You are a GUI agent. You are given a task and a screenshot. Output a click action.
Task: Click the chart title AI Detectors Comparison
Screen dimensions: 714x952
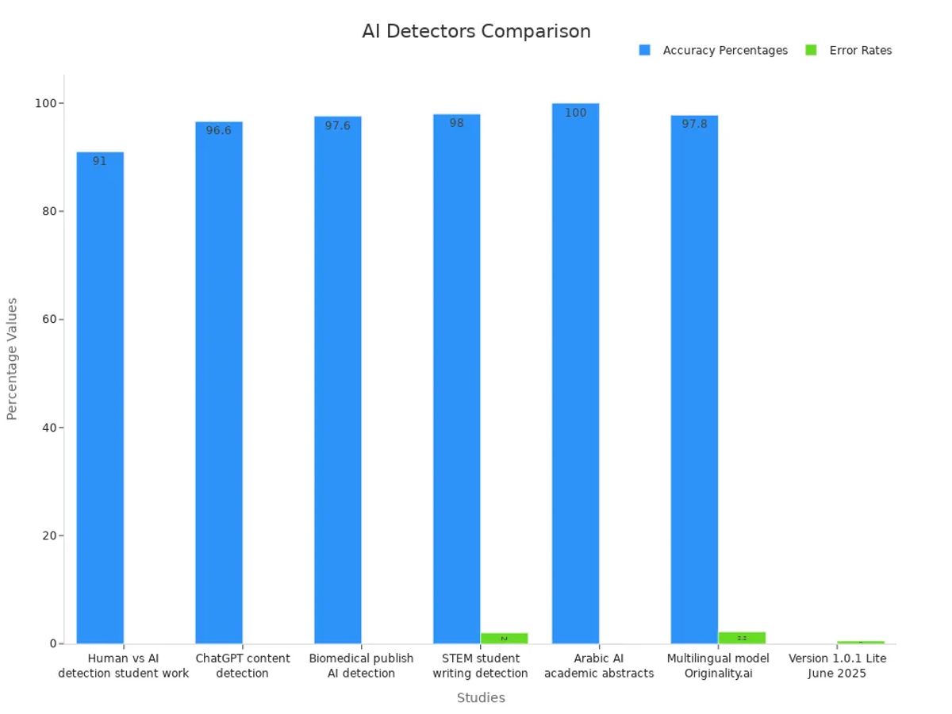pos(476,32)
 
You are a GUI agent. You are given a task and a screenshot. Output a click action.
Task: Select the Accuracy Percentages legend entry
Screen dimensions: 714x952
pos(724,50)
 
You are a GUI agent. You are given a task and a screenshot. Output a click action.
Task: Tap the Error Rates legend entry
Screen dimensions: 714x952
pos(860,50)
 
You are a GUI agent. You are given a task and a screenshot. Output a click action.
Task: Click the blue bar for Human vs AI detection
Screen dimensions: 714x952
pos(100,397)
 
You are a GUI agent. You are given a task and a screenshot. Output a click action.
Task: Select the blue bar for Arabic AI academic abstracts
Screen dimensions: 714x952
pos(575,373)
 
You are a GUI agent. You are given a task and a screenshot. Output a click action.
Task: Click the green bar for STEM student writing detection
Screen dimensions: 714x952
pos(504,638)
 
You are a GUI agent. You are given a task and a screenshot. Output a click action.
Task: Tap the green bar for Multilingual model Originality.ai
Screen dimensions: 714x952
pos(742,638)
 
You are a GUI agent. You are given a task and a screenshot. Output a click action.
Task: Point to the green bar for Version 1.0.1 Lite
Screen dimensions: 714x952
pos(861,642)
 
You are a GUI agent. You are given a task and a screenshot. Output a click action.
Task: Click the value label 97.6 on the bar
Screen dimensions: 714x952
pos(337,125)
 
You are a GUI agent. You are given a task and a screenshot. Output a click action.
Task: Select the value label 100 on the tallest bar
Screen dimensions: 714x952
pos(575,113)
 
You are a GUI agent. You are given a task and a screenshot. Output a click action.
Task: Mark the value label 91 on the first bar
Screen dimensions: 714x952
pos(99,161)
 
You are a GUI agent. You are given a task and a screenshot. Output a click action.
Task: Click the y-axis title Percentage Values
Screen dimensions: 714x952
pos(12,359)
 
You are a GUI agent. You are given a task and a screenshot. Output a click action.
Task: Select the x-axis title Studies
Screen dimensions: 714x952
pos(481,698)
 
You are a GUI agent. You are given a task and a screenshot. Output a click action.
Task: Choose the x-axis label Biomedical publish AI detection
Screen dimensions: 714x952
pos(361,666)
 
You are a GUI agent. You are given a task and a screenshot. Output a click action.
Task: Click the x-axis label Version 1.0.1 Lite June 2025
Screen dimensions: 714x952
pos(837,666)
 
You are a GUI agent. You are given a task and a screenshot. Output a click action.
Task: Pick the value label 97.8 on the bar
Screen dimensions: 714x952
pos(694,124)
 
